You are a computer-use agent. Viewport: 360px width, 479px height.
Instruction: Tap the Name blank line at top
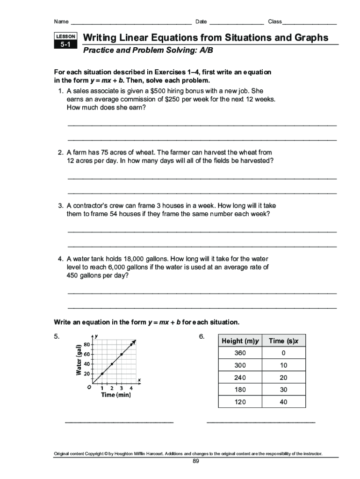pyautogui.click(x=131, y=22)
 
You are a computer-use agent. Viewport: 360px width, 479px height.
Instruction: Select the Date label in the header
pyautogui.click(x=201, y=22)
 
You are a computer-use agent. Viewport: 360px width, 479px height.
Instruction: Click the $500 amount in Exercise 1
pyautogui.click(x=152, y=91)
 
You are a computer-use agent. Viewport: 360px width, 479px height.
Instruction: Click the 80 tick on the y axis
pyautogui.click(x=87, y=344)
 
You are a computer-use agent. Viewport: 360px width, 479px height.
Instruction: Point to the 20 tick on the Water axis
pyautogui.click(x=87, y=373)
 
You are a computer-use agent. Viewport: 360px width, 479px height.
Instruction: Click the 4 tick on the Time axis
pyautogui.click(x=131, y=388)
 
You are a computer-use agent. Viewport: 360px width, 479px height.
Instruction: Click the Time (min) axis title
pyautogui.click(x=116, y=395)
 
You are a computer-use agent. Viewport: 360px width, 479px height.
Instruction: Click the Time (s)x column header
pyautogui.click(x=283, y=341)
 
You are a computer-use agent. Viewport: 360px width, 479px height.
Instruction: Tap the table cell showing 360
pyautogui.click(x=240, y=353)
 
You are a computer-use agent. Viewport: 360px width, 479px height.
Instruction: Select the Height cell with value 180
pyautogui.click(x=240, y=390)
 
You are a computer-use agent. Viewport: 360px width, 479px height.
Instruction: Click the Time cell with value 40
pyautogui.click(x=283, y=402)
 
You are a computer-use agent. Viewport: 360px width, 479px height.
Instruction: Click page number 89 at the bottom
pyautogui.click(x=196, y=461)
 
